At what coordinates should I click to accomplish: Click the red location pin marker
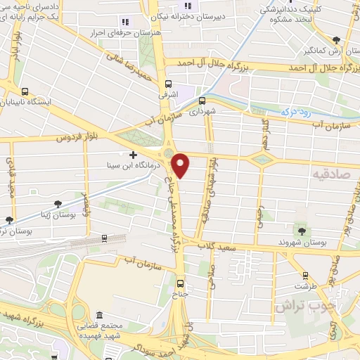[x=181, y=166]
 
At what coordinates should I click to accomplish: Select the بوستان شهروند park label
[x=302, y=243]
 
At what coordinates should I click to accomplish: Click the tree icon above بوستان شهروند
[x=302, y=231]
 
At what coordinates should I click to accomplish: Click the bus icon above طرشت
[x=304, y=276]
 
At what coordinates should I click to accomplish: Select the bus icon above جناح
[x=181, y=284]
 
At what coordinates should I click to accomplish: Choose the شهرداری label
[x=202, y=111]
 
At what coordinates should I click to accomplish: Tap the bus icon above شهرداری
[x=202, y=100]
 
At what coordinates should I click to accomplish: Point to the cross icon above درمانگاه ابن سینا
[x=133, y=154]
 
